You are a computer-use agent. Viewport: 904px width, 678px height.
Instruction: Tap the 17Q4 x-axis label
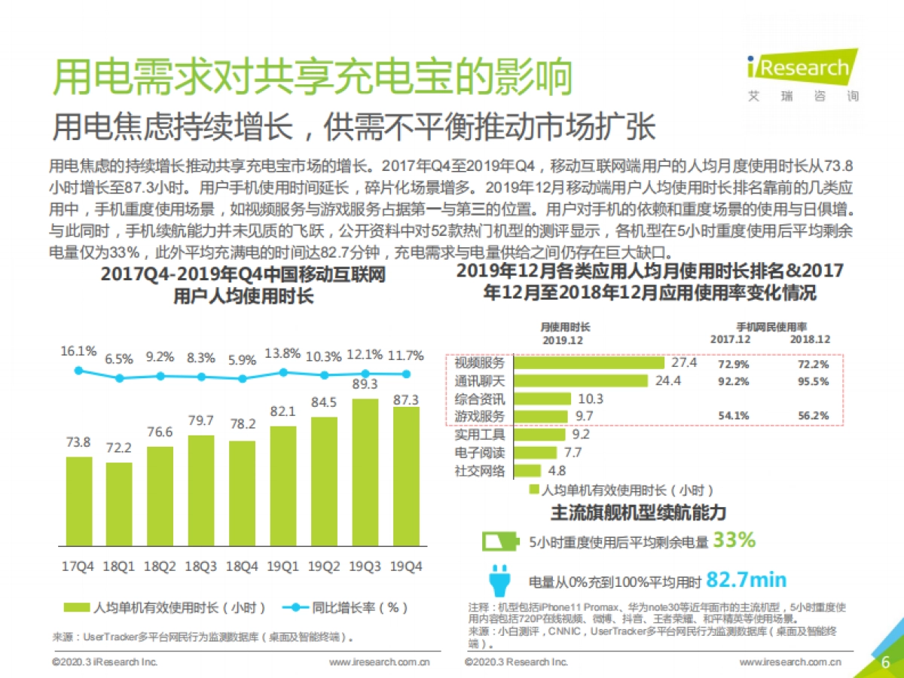point(78,567)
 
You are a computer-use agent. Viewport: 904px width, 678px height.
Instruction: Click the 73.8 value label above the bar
point(78,442)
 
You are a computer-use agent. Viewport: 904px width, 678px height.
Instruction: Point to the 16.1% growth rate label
point(78,351)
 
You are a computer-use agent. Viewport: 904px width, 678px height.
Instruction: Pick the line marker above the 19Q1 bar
point(283,371)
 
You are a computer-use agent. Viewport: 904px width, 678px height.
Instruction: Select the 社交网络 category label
point(480,471)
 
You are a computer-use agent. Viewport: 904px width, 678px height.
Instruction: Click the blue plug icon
point(499,579)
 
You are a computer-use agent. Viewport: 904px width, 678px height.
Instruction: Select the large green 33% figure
point(734,540)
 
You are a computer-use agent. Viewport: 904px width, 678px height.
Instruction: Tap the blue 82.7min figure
point(747,579)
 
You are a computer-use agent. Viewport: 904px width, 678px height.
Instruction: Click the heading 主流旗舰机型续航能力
point(638,512)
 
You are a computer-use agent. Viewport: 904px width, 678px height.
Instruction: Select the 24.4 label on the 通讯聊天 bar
point(668,380)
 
